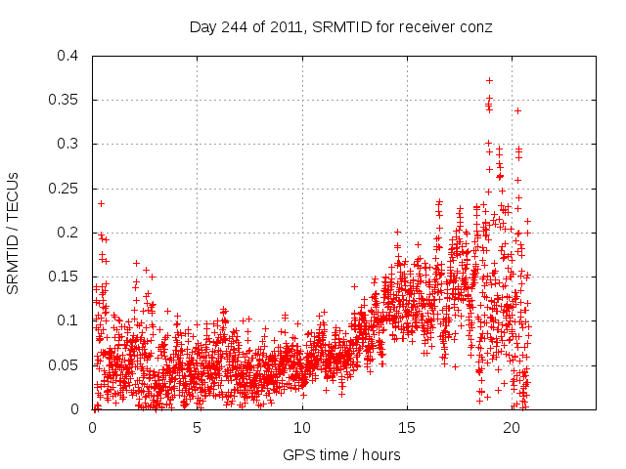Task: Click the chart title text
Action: tap(340, 27)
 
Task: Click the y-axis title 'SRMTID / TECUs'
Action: tap(14, 233)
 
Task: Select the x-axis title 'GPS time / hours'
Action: tap(341, 454)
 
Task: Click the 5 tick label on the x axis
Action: tap(198, 427)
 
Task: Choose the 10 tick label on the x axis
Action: tap(302, 427)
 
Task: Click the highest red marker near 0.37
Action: tap(489, 80)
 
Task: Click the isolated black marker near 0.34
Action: tap(517, 110)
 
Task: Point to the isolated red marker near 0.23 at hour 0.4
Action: tap(101, 203)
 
